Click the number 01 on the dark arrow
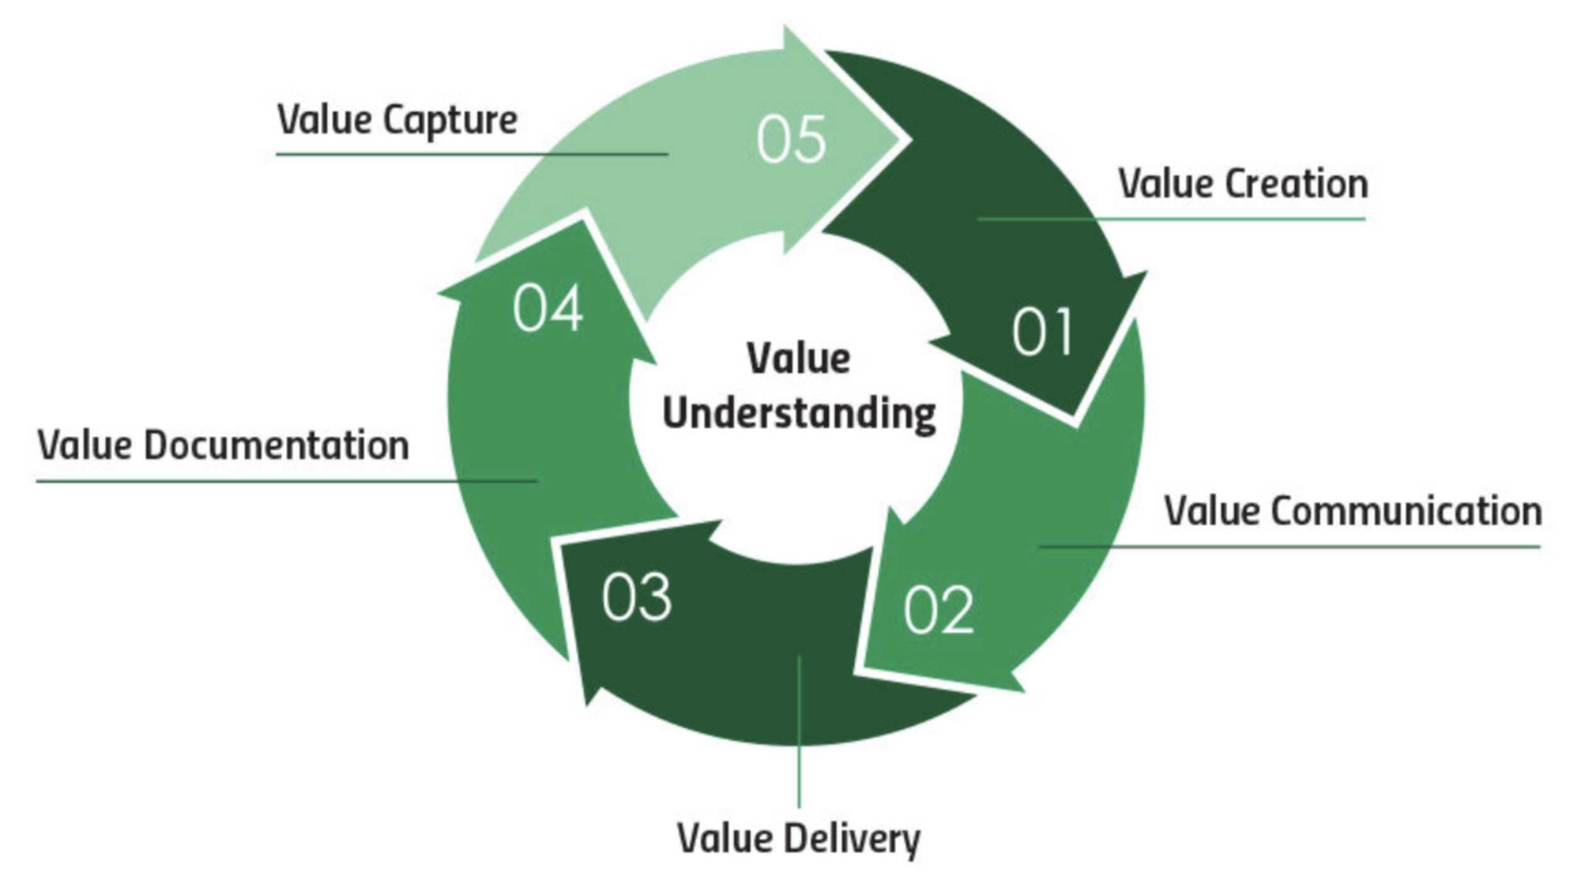1042,332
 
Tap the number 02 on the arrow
938,609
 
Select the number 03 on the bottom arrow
637,597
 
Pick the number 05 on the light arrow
791,139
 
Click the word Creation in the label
1297,184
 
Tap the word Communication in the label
1406,511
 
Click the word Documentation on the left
277,446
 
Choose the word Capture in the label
450,120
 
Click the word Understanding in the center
799,415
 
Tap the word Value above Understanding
799,359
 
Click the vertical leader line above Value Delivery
799,731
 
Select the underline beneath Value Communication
1289,546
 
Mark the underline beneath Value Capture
472,154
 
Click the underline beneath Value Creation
1171,219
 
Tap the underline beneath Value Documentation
287,481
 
